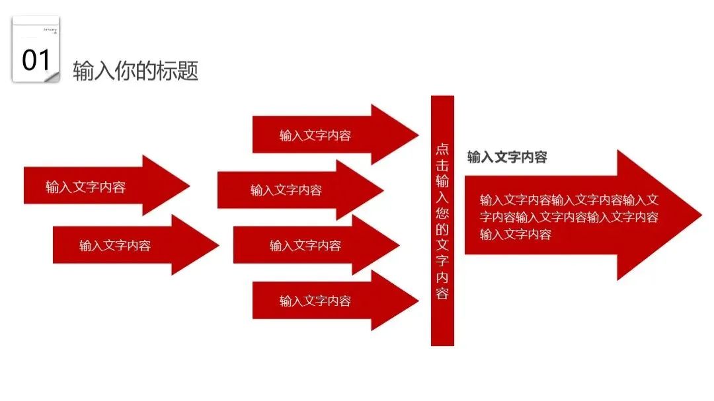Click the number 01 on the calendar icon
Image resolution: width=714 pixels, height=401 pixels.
(36, 60)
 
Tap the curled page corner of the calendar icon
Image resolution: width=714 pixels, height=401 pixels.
(53, 77)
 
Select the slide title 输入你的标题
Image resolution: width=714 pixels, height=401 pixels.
(136, 71)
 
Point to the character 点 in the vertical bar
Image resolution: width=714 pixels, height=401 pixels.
(442, 149)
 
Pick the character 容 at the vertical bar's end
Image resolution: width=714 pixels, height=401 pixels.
(442, 293)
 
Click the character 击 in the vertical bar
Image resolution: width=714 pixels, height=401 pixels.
(442, 165)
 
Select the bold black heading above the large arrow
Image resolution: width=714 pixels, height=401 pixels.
(507, 157)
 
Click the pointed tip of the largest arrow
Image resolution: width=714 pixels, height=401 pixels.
(700, 215)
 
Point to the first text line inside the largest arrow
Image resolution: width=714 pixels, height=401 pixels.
(569, 200)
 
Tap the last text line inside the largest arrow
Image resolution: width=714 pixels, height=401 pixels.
(516, 234)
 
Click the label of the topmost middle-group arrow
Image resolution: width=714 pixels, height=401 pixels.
(315, 135)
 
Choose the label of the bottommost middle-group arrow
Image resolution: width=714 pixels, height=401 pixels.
(315, 301)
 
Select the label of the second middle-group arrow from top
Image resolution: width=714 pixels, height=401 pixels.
(286, 190)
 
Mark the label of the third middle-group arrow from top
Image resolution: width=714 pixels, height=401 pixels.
(305, 246)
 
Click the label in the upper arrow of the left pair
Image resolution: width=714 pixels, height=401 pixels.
(85, 187)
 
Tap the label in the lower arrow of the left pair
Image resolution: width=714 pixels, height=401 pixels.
(115, 246)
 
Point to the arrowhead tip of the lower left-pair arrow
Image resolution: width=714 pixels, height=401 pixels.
(218, 245)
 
